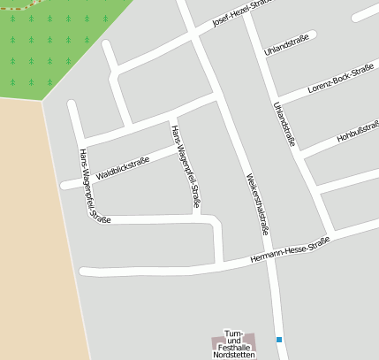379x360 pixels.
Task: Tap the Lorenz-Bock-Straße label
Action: (341, 80)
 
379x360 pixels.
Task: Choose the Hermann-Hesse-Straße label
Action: (290, 249)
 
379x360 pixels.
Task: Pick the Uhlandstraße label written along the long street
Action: (284, 123)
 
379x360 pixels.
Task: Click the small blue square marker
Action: (279, 339)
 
